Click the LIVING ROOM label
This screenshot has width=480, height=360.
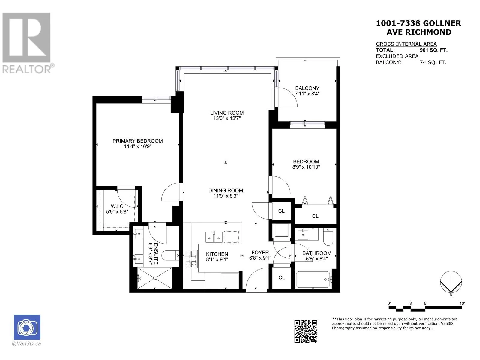tap(227, 113)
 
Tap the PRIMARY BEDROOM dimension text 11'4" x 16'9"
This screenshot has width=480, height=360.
tap(138, 146)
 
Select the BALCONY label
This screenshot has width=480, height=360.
tap(307, 88)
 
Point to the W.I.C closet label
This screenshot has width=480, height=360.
tap(117, 206)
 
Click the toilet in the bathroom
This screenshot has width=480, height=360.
tap(328, 236)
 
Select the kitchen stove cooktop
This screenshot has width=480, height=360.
tap(191, 259)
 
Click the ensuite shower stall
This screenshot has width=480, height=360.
tap(154, 278)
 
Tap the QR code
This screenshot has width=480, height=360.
tap(306, 331)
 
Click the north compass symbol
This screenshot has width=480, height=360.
tap(451, 282)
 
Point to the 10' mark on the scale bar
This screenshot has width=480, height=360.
tap(462, 303)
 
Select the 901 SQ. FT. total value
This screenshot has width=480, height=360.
tap(433, 50)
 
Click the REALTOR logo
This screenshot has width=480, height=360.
tap(27, 43)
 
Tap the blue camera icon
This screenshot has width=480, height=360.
tap(27, 327)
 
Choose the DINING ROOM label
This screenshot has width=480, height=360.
tap(226, 190)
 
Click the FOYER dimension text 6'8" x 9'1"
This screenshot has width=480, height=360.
tap(260, 258)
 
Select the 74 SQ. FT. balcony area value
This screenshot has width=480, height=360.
tap(433, 62)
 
